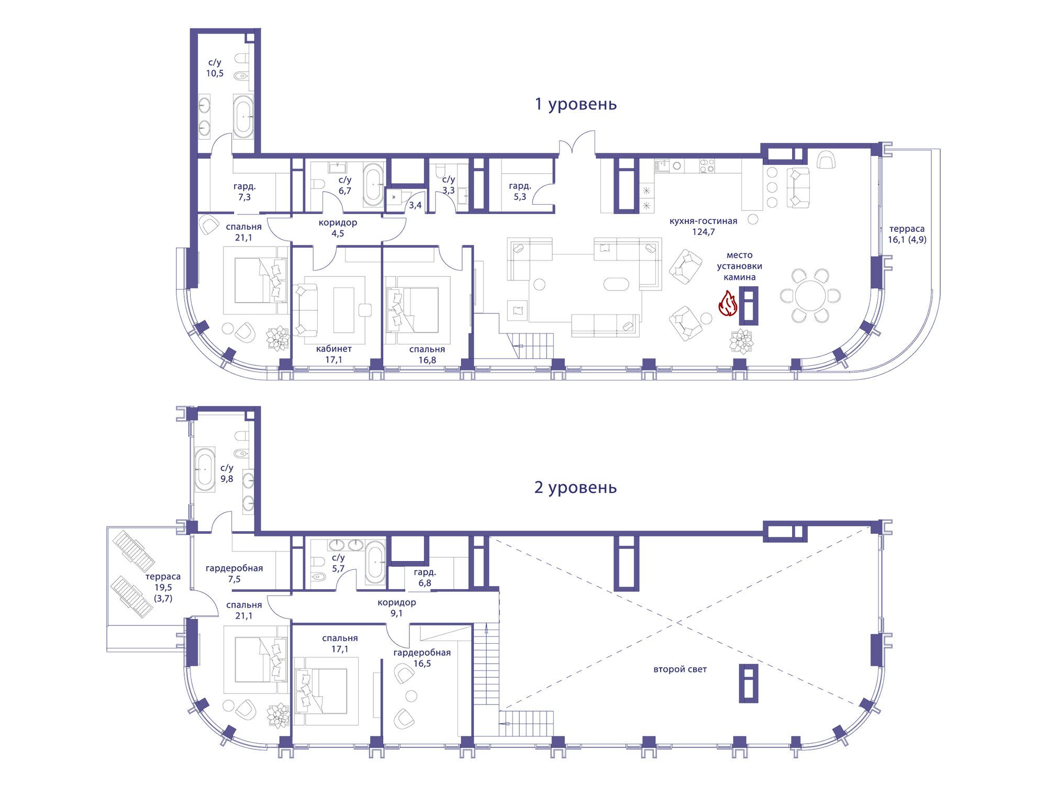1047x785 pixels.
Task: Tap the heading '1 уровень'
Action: (575, 104)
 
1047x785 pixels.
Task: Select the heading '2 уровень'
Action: (575, 487)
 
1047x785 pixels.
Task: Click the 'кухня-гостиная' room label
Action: (703, 221)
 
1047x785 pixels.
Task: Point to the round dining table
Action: (810, 296)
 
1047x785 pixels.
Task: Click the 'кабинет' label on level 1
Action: (334, 349)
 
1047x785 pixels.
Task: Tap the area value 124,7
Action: (703, 232)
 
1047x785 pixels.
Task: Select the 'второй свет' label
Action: (680, 669)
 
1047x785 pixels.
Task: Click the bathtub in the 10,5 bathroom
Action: (243, 116)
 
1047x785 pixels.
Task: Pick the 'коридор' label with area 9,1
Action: (396, 602)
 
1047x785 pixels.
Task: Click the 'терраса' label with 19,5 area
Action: (163, 576)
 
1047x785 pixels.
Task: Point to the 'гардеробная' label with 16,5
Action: (422, 653)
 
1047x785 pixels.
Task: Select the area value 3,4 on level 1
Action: (415, 205)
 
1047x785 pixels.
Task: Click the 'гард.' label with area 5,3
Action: (520, 186)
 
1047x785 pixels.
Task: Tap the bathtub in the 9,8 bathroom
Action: (205, 469)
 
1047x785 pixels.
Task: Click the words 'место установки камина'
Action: (739, 266)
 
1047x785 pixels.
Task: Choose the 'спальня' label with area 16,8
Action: (427, 349)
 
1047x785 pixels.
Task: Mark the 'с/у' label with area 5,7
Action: (338, 557)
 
